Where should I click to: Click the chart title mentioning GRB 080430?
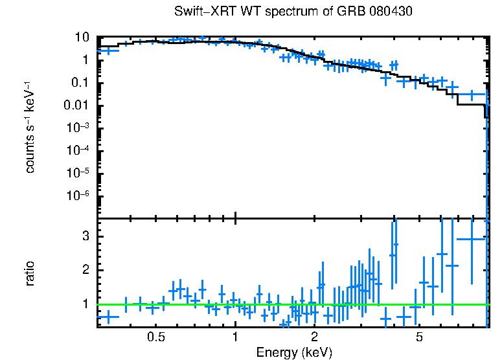coord(293,12)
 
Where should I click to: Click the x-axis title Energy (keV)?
coord(293,352)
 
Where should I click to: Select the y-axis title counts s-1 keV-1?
coord(30,127)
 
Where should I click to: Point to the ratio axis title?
coord(30,273)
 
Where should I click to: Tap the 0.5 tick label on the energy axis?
coord(155,337)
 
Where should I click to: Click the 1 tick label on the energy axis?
coord(235,337)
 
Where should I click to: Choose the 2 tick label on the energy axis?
coord(314,337)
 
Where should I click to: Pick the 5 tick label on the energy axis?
coord(419,337)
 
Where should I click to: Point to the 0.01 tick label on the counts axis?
coord(76,105)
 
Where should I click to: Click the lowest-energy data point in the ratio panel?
coord(108,317)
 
